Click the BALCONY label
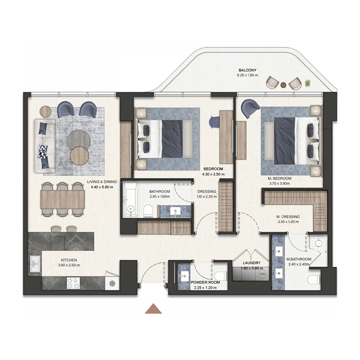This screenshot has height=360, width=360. click(x=248, y=70)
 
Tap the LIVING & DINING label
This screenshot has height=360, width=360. click(x=102, y=182)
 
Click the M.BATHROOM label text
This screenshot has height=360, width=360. click(x=299, y=259)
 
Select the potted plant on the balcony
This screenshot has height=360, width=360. click(x=307, y=83)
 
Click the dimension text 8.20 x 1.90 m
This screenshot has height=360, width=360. click(x=248, y=76)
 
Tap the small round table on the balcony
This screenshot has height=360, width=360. click(x=283, y=84)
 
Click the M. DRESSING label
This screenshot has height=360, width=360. click(x=288, y=216)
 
